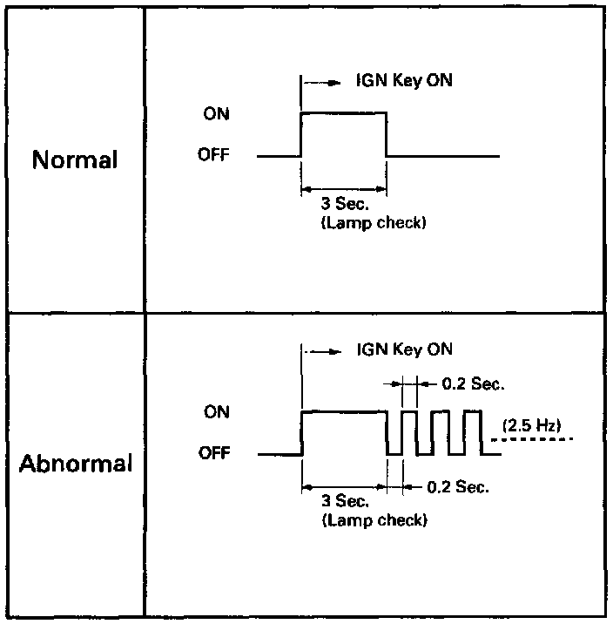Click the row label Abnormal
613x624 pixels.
tap(76, 463)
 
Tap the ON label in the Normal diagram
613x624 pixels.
tap(217, 114)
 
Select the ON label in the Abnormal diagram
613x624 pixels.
tap(217, 412)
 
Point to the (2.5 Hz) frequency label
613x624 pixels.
tap(531, 425)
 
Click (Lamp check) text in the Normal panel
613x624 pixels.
tap(374, 224)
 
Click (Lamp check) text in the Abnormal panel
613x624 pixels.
tap(374, 520)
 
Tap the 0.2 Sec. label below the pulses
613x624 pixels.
tap(458, 487)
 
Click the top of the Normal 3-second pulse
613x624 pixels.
tap(343, 112)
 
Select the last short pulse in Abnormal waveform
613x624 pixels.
tap(472, 431)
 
